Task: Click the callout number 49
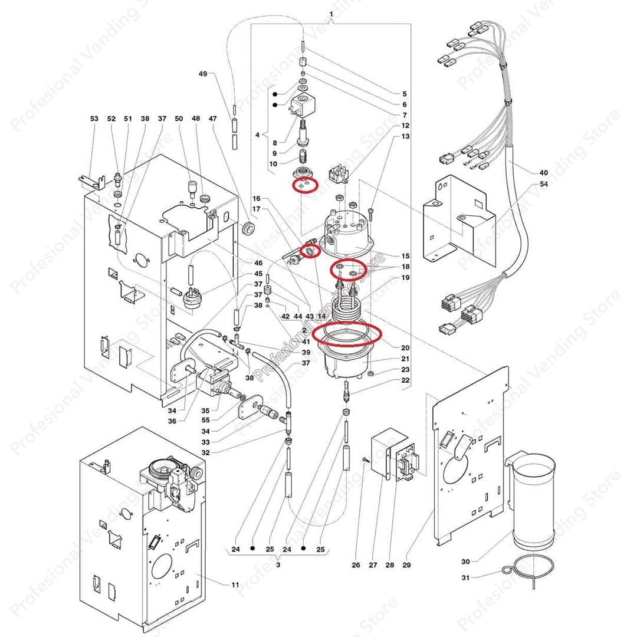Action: (203, 74)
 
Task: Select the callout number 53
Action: (94, 119)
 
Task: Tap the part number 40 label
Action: (543, 173)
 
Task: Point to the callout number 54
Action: (543, 185)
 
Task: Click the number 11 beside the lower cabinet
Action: (235, 585)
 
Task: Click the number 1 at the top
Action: (331, 14)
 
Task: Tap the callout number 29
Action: (406, 565)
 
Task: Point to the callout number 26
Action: (356, 565)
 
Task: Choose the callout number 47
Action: (213, 119)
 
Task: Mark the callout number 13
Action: (405, 136)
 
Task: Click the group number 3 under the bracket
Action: (277, 564)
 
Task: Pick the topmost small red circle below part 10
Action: (306, 185)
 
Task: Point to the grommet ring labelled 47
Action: (248, 228)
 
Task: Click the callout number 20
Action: (405, 347)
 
